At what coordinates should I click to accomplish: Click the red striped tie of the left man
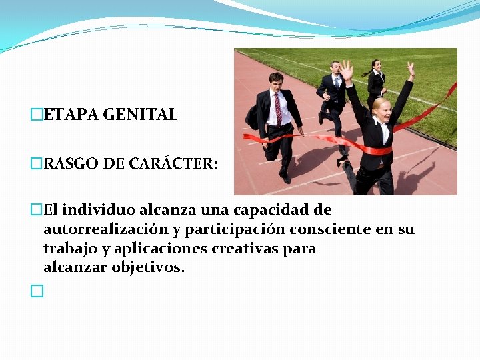coord(278,107)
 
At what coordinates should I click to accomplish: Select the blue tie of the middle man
coord(337,83)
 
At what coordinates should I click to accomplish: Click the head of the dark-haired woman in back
coord(377,66)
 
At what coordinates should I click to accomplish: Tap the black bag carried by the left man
coord(253,118)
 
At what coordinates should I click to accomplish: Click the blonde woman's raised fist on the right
coord(411,68)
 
